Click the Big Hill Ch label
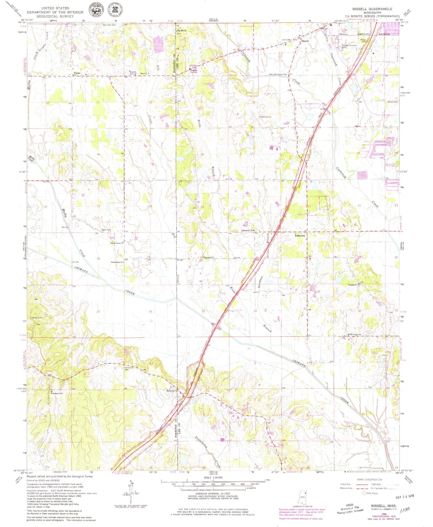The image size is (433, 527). pyautogui.click(x=182, y=31)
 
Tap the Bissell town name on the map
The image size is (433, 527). pyautogui.click(x=305, y=41)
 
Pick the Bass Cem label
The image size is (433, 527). pyautogui.click(x=106, y=230)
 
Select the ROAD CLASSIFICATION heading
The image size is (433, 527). pyautogui.click(x=369, y=480)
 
